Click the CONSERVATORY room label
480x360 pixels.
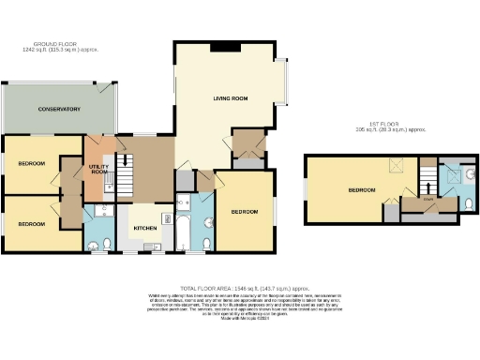tap(58, 110)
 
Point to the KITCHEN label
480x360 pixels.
tap(144, 228)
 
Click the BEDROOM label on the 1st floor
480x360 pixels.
tap(362, 189)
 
